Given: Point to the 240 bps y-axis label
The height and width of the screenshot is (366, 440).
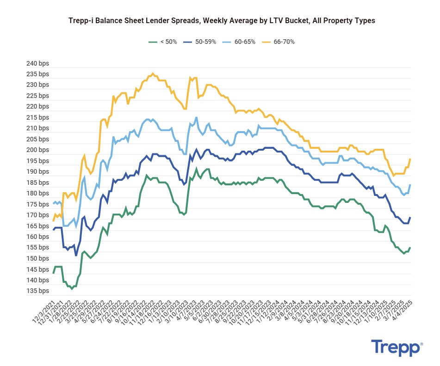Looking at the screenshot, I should pyautogui.click(x=37, y=63).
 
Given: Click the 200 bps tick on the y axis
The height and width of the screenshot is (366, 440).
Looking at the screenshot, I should pyautogui.click(x=37, y=150).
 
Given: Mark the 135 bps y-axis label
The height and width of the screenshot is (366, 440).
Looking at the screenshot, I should pyautogui.click(x=37, y=291).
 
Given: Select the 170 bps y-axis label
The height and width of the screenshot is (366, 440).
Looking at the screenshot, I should pyautogui.click(x=37, y=215).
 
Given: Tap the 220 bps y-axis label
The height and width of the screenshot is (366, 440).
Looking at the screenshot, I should pyautogui.click(x=37, y=107).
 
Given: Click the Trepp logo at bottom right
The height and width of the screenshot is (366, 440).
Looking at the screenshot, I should pyautogui.click(x=397, y=348).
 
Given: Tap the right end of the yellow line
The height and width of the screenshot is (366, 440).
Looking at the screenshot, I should pyautogui.click(x=410, y=159).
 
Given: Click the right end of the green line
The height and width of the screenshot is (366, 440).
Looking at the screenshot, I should pyautogui.click(x=410, y=248).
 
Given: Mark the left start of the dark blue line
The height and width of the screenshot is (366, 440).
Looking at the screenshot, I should pyautogui.click(x=53, y=230).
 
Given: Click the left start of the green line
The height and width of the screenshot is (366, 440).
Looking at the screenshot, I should pyautogui.click(x=53, y=273).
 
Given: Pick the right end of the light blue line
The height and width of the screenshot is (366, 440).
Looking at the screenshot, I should pyautogui.click(x=410, y=185).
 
